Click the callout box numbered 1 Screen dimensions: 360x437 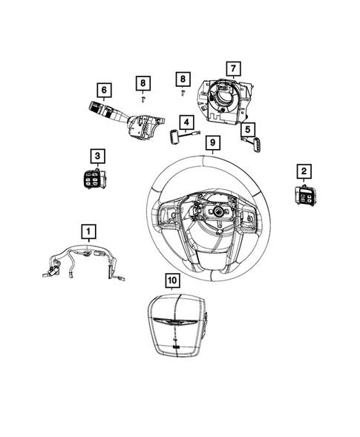[x=88, y=231]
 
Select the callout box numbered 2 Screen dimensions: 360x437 [x=304, y=171]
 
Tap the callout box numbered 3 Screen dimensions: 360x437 [x=97, y=156]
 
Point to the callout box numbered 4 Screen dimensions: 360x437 [x=186, y=122]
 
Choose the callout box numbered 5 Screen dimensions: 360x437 [x=248, y=129]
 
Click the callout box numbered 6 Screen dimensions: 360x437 [x=104, y=90]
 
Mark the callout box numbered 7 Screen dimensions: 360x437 [x=233, y=68]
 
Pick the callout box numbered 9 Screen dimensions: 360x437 [x=213, y=142]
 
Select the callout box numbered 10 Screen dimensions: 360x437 [x=173, y=280]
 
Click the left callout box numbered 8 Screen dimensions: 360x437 [x=143, y=83]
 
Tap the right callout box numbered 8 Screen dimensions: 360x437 [x=183, y=79]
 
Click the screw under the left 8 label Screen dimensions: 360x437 [x=143, y=99]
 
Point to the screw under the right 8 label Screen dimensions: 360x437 [x=183, y=93]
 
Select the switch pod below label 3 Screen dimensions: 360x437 [x=94, y=179]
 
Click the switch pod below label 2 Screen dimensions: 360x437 [x=305, y=196]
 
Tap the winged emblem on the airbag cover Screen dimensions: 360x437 [x=175, y=322]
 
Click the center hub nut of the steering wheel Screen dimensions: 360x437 [x=217, y=211]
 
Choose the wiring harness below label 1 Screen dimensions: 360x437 [x=84, y=261]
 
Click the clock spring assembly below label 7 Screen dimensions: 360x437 [x=226, y=101]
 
